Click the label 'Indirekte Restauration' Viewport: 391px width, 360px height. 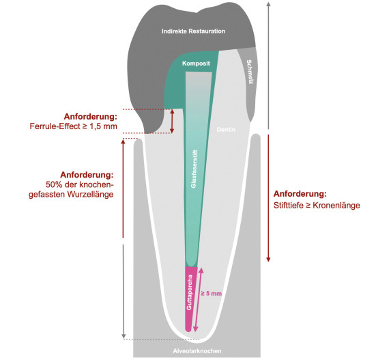point(193,31)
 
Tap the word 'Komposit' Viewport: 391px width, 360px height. point(196,64)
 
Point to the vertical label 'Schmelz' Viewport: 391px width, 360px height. point(249,72)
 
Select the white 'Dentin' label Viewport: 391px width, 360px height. point(226,130)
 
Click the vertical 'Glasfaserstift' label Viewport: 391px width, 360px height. point(194,169)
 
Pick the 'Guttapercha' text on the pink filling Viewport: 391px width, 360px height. point(190,292)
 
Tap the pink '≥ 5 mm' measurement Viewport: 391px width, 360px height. point(212,293)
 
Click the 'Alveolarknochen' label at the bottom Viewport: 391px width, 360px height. point(197,351)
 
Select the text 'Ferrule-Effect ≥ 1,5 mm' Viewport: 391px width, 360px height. point(73,126)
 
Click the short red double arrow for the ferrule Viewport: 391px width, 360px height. point(172,121)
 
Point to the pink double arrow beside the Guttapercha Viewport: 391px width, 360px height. point(199,300)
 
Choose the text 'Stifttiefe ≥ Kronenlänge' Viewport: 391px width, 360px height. point(317,206)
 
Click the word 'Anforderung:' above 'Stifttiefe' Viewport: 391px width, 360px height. point(300,194)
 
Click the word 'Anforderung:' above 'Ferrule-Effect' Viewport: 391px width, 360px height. point(91,117)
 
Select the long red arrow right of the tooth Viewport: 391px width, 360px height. point(268,198)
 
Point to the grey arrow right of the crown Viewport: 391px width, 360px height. point(268,66)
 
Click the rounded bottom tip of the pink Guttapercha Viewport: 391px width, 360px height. point(188,331)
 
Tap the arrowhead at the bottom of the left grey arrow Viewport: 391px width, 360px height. point(124,337)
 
